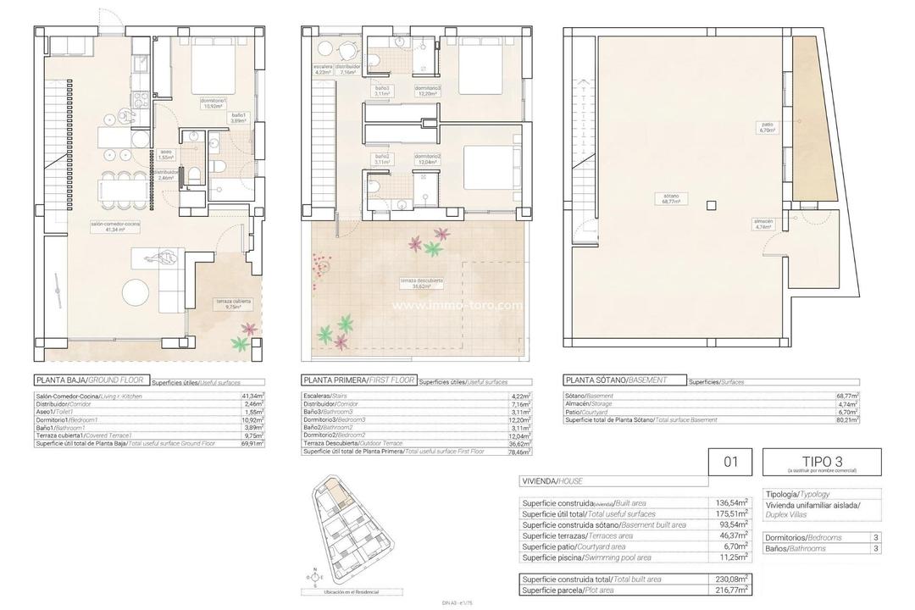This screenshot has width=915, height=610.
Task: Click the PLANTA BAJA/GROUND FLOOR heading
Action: (x=90, y=381)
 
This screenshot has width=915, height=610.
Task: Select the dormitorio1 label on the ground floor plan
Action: (x=213, y=103)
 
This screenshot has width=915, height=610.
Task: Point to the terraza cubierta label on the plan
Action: (x=233, y=304)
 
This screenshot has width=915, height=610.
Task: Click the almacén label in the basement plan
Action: (x=763, y=224)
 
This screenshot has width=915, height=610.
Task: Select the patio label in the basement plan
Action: (x=768, y=128)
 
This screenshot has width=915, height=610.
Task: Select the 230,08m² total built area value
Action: (x=731, y=579)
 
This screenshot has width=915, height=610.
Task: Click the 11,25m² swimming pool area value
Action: (x=731, y=557)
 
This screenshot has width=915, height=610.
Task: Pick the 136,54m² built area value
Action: (x=731, y=502)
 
